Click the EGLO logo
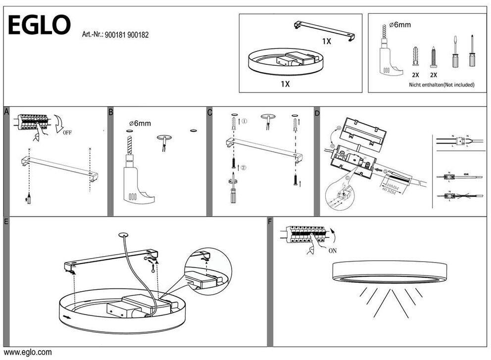pyautogui.click(x=39, y=25)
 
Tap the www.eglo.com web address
pyautogui.click(x=28, y=353)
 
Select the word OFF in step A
pyautogui.click(x=67, y=133)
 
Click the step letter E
pyautogui.click(x=6, y=222)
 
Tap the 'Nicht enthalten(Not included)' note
pyautogui.click(x=442, y=85)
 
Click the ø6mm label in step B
pyautogui.click(x=140, y=123)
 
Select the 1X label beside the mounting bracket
pyautogui.click(x=327, y=42)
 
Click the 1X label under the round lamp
pyautogui.click(x=285, y=84)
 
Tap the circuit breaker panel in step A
pyautogui.click(x=33, y=122)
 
